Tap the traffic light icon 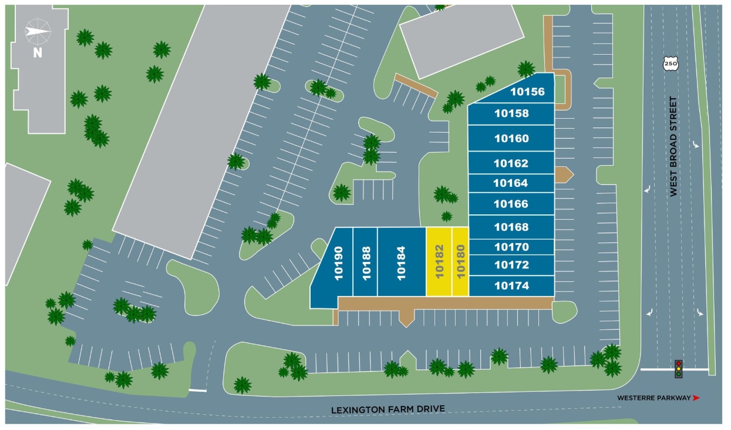[678, 369]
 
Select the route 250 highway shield [670, 63]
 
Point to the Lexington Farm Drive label [388, 409]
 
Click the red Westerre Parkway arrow [696, 398]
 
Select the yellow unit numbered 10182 [439, 262]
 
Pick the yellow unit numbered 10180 [460, 262]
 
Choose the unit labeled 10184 [401, 262]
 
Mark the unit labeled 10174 [511, 286]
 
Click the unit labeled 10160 [511, 139]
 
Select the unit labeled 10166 [511, 204]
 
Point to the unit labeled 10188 [365, 262]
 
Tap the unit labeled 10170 [511, 247]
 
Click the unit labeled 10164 [511, 183]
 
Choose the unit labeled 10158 [511, 113]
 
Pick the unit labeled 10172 [511, 265]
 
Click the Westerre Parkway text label [653, 398]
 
